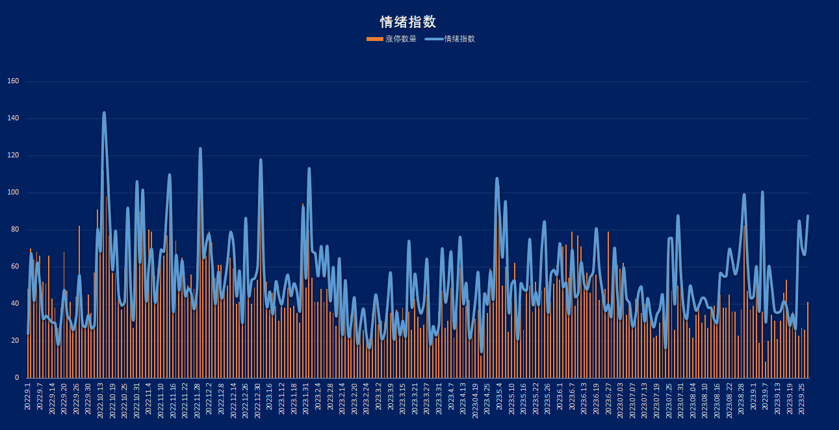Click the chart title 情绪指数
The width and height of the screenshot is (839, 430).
click(x=407, y=22)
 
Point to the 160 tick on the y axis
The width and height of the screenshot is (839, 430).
click(x=13, y=81)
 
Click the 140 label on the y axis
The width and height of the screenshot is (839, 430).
click(x=13, y=118)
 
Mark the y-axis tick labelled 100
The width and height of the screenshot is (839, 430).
click(x=13, y=193)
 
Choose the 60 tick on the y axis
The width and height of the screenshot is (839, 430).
click(x=15, y=267)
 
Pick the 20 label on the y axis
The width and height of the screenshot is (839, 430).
click(x=15, y=341)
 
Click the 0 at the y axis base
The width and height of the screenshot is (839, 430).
click(x=17, y=378)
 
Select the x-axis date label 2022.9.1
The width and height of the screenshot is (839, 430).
click(x=28, y=397)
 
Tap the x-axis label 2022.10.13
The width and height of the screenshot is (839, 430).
click(x=101, y=399)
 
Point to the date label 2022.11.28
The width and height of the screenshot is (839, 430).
click(x=198, y=399)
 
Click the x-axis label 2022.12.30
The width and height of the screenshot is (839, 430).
click(x=258, y=399)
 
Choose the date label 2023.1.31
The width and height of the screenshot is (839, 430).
click(x=306, y=397)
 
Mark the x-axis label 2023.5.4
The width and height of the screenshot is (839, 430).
click(x=499, y=396)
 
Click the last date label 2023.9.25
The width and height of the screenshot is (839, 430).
click(x=801, y=397)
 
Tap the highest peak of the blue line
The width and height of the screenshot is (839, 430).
click(x=104, y=113)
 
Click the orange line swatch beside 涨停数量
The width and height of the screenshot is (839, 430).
click(x=374, y=39)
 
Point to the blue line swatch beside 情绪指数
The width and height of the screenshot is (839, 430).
click(x=433, y=39)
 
